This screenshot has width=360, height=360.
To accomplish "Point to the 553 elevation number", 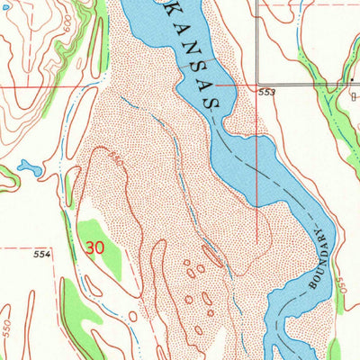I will click(x=267, y=93).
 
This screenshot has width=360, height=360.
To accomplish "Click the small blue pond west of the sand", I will click(x=27, y=167).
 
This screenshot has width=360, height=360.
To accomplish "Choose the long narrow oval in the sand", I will click(x=213, y=256).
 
